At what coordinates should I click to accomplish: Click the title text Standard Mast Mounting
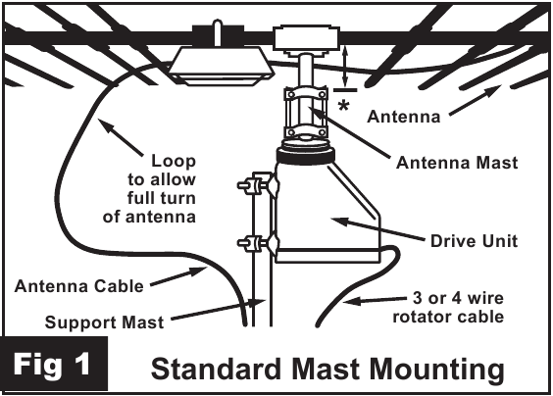327,370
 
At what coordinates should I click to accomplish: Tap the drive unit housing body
319,211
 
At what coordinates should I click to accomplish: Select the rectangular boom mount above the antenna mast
304,40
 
